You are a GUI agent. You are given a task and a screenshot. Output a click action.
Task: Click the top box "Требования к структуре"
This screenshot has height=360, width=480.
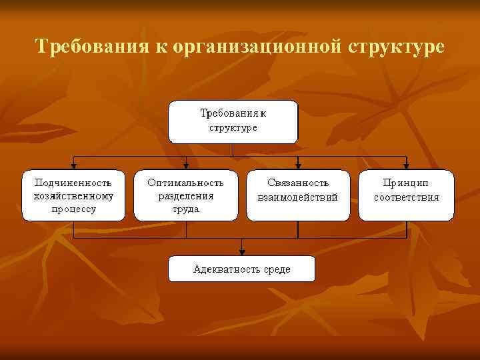click(233, 121)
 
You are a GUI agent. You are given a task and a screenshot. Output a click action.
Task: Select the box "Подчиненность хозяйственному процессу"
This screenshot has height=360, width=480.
click(73, 195)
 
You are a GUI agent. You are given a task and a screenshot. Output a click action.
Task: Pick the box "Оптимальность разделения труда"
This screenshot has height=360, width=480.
click(186, 195)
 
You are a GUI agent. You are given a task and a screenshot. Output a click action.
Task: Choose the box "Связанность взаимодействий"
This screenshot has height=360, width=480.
click(298, 195)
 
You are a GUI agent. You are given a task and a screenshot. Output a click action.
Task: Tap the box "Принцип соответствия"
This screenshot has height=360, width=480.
click(407, 195)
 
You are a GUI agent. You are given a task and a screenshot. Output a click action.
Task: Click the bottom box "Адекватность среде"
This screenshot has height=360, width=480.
click(241, 269)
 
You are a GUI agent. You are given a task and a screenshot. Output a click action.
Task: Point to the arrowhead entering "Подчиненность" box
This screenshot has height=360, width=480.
click(73, 166)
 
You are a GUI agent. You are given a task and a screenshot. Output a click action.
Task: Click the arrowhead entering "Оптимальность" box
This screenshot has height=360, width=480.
click(186, 166)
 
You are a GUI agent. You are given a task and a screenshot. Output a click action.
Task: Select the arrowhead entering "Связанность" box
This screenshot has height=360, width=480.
click(298, 166)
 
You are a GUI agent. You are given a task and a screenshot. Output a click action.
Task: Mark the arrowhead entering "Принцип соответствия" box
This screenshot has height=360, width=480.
click(406, 166)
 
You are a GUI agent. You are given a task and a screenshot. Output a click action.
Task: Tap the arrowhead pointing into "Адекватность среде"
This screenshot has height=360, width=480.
click(241, 252)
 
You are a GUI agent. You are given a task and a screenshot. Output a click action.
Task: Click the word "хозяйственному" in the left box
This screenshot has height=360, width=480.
click(73, 195)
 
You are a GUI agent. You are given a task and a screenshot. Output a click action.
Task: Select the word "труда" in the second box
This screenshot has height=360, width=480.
click(186, 209)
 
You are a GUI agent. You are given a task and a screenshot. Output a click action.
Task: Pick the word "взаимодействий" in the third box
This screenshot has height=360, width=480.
click(298, 197)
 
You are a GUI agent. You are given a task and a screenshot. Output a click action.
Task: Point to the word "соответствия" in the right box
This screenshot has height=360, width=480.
click(407, 197)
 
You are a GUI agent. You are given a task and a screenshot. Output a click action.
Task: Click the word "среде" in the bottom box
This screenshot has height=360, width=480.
click(275, 269)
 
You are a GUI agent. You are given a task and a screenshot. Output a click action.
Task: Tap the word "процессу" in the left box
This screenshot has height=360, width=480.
click(73, 209)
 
